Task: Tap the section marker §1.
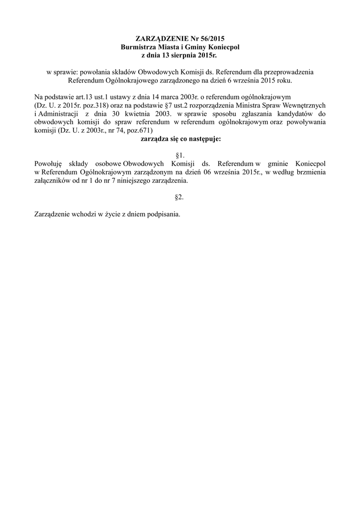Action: pos(180,156)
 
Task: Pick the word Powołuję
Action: pos(47,164)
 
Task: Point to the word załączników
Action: pos(51,180)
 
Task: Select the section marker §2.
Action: pos(180,197)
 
